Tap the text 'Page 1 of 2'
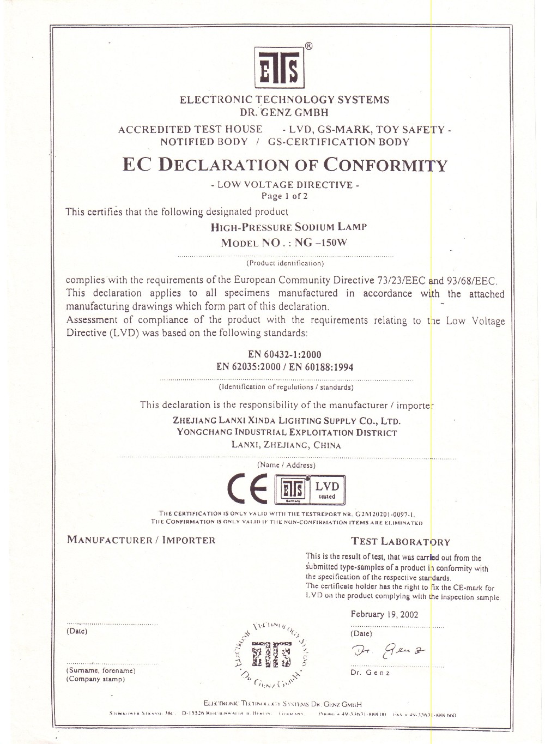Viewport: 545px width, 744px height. pyautogui.click(x=284, y=196)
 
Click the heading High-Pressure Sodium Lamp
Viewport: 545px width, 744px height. pyautogui.click(x=288, y=227)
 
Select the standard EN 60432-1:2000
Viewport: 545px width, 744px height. pyautogui.click(x=284, y=354)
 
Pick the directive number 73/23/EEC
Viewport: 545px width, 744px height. pyautogui.click(x=401, y=281)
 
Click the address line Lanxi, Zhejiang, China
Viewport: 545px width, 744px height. pyautogui.click(x=286, y=445)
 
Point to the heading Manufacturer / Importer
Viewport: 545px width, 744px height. pyautogui.click(x=141, y=540)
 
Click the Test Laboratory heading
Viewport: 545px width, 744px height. pyautogui.click(x=401, y=542)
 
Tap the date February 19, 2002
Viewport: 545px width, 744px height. pyautogui.click(x=384, y=614)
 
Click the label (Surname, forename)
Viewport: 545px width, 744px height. pyautogui.click(x=101, y=670)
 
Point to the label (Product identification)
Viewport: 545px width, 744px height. pyautogui.click(x=285, y=263)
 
